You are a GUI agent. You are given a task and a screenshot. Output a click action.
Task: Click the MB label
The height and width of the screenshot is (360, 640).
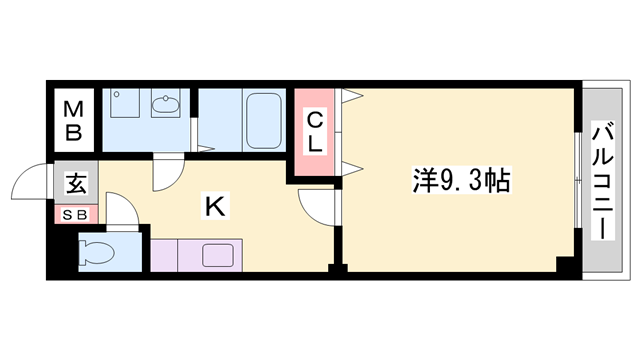(74, 118)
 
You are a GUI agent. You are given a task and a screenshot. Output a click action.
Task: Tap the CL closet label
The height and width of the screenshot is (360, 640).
(314, 132)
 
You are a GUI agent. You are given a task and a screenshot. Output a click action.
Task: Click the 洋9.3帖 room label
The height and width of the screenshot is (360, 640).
(462, 180)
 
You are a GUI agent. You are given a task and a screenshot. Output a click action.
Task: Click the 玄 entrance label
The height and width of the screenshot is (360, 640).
(76, 184)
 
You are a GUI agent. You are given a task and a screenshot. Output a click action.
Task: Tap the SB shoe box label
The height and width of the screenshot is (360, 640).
(76, 214)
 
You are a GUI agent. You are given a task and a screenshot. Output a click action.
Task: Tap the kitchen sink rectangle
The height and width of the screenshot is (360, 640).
(218, 255)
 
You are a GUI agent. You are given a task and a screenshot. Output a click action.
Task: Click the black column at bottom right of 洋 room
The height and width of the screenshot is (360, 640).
(566, 265)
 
